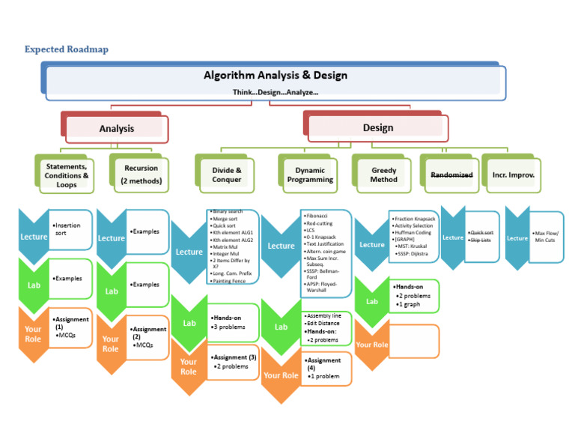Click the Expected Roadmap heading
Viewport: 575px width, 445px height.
pos(67,49)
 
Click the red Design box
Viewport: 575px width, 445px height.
pos(378,128)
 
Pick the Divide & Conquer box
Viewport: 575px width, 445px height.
pos(227,175)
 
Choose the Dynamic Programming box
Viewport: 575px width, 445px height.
pos(311,175)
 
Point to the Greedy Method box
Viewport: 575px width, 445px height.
pos(384,175)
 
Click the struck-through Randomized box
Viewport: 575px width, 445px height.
pos(451,175)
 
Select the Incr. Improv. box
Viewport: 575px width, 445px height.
pos(514,175)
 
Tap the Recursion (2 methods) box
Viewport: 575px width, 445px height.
pos(142,175)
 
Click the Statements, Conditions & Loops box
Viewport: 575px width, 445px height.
pos(67,175)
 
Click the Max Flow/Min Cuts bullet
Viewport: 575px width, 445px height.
pos(547,237)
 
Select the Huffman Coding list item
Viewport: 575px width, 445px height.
pos(413,233)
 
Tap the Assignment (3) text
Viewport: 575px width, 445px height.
pos(234,357)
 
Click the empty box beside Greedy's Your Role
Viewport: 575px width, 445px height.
pos(414,342)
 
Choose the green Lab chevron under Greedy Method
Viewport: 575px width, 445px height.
pos(372,301)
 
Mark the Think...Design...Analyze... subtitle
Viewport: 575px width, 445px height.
pos(276,92)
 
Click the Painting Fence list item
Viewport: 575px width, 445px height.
pos(230,281)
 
